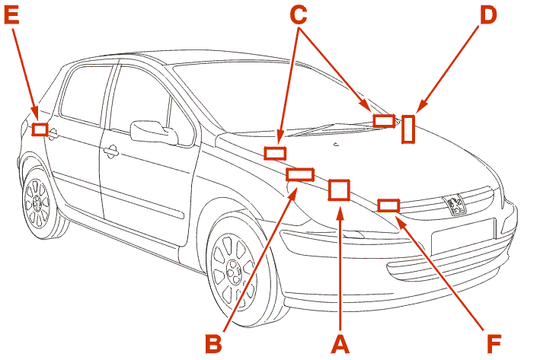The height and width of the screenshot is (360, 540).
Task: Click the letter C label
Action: pyautogui.click(x=299, y=15)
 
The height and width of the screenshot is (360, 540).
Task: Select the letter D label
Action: pyautogui.click(x=488, y=15)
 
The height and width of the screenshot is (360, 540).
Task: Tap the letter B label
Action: pyautogui.click(x=213, y=343)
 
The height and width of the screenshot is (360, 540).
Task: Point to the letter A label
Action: pyautogui.click(x=340, y=343)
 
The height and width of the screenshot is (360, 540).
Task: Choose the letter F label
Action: pyautogui.click(x=494, y=343)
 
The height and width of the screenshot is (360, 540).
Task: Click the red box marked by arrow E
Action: pyautogui.click(x=40, y=129)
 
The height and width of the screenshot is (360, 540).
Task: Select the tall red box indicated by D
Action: pyautogui.click(x=408, y=129)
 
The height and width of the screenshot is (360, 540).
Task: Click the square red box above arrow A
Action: pyautogui.click(x=339, y=190)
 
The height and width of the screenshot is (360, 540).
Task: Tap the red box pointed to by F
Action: pyautogui.click(x=388, y=205)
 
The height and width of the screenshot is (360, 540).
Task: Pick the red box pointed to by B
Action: pyautogui.click(x=300, y=174)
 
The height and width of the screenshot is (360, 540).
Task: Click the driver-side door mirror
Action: pyautogui.click(x=154, y=132)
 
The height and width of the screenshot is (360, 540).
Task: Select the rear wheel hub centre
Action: pyautogui.click(x=37, y=202)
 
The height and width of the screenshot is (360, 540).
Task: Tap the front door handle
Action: pyautogui.click(x=111, y=151)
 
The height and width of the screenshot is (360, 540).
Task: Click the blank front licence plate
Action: pyautogui.click(x=463, y=237)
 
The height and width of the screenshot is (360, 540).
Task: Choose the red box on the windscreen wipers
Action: pyautogui.click(x=384, y=121)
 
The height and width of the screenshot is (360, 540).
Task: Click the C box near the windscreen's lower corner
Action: pyautogui.click(x=275, y=153)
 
